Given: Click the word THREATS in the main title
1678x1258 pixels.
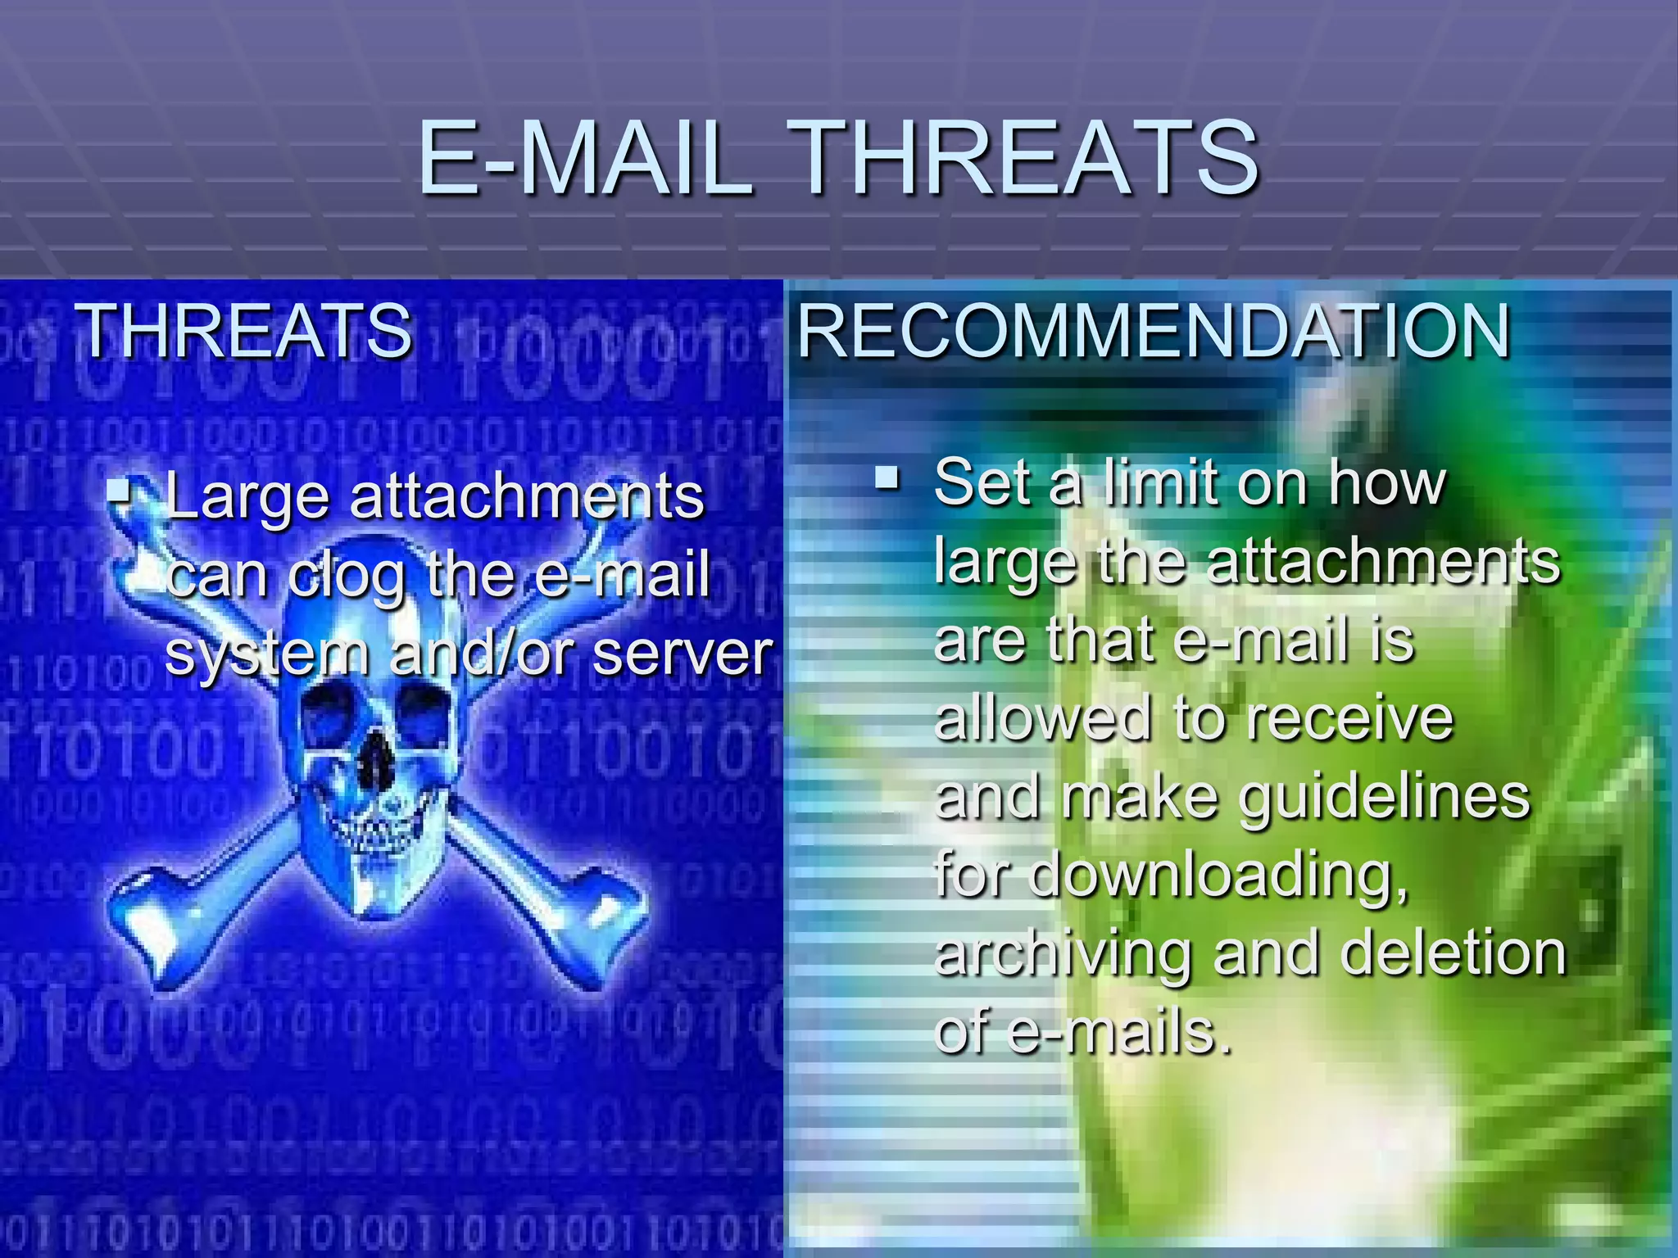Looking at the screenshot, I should click(1026, 157).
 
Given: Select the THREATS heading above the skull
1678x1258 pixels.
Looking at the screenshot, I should click(244, 331).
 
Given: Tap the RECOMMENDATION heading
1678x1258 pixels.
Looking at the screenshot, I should click(1154, 331).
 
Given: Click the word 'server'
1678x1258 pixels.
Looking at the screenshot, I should click(683, 654).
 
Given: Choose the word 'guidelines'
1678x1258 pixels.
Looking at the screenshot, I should click(1385, 798).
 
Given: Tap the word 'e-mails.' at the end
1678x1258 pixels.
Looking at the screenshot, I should click(1120, 1032).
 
